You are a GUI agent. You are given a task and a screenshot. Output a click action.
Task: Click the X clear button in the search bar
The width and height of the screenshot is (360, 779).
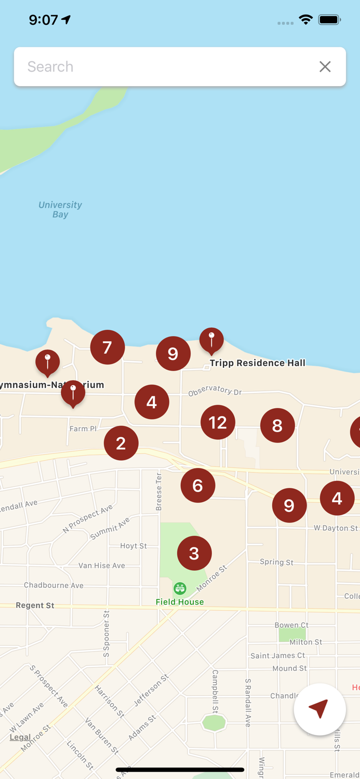tap(325, 66)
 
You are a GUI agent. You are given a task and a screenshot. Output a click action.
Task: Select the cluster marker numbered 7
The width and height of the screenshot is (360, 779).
tap(108, 347)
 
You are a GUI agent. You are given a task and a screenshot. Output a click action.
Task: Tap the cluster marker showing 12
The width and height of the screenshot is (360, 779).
tap(218, 422)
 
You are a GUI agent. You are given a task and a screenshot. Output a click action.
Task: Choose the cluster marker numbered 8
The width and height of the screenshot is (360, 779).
tap(277, 425)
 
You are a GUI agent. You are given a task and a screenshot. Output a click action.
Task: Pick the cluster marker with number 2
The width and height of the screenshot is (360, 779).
tap(121, 443)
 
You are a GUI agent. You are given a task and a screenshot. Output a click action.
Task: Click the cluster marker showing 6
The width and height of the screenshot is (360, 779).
tap(198, 486)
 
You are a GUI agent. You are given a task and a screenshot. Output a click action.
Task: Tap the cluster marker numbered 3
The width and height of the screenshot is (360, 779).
tap(194, 553)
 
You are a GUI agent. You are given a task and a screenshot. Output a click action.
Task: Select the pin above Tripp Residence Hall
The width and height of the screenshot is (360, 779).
tap(211, 340)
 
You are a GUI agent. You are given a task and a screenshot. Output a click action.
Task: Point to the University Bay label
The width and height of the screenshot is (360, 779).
tap(60, 209)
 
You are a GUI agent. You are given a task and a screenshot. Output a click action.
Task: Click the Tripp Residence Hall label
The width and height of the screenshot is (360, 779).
tap(258, 363)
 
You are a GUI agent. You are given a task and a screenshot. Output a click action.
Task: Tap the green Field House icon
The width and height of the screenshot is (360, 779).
tap(180, 588)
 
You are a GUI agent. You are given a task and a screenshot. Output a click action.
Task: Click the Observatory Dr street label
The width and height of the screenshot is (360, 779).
tap(215, 390)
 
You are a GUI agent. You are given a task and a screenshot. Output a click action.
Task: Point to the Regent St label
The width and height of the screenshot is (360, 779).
tap(35, 606)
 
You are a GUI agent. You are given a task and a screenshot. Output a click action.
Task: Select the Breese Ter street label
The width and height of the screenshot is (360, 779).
tap(159, 491)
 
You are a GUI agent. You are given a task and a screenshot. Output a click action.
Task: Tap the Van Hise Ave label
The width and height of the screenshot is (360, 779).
tap(102, 566)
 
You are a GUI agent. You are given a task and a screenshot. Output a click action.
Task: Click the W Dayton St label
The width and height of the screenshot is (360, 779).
tap(336, 528)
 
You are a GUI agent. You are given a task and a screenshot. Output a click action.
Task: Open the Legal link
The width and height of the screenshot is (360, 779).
tap(20, 737)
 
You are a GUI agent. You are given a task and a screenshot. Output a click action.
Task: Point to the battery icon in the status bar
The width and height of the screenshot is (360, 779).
tap(329, 20)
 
